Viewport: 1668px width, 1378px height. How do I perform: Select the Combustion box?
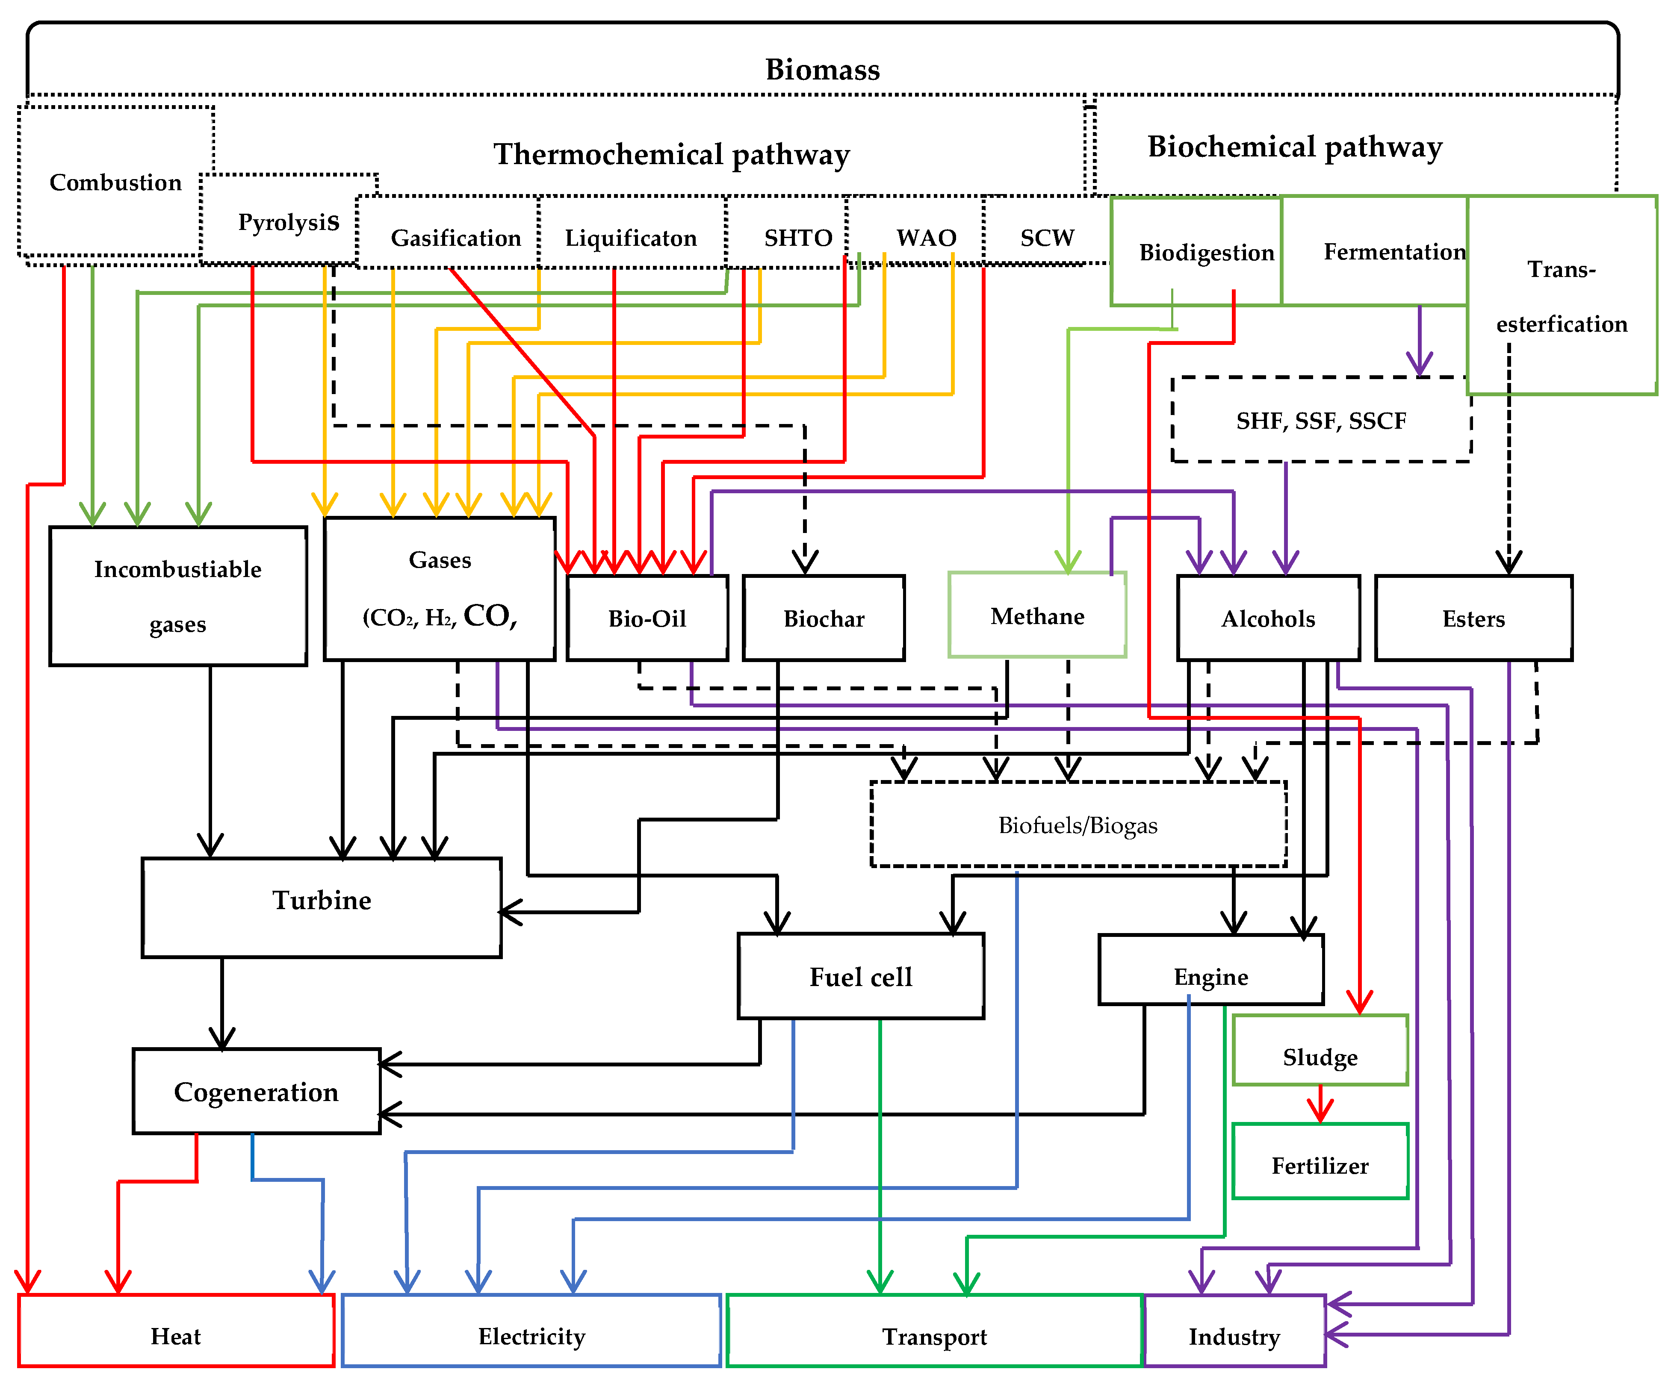[115, 183]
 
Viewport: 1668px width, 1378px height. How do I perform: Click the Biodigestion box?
[1205, 253]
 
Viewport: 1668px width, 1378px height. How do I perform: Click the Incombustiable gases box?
[178, 595]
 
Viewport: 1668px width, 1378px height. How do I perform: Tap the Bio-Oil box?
[647, 618]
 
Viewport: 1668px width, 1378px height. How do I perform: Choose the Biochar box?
[823, 618]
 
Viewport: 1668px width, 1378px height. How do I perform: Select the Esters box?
[1473, 618]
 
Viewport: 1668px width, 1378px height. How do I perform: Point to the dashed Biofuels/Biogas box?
[1078, 825]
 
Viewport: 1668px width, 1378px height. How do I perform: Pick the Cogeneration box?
[256, 1092]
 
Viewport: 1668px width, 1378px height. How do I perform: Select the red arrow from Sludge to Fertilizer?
[1320, 1103]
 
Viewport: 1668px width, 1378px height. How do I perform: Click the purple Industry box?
[1233, 1336]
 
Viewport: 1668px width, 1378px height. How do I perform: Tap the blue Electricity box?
[531, 1336]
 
